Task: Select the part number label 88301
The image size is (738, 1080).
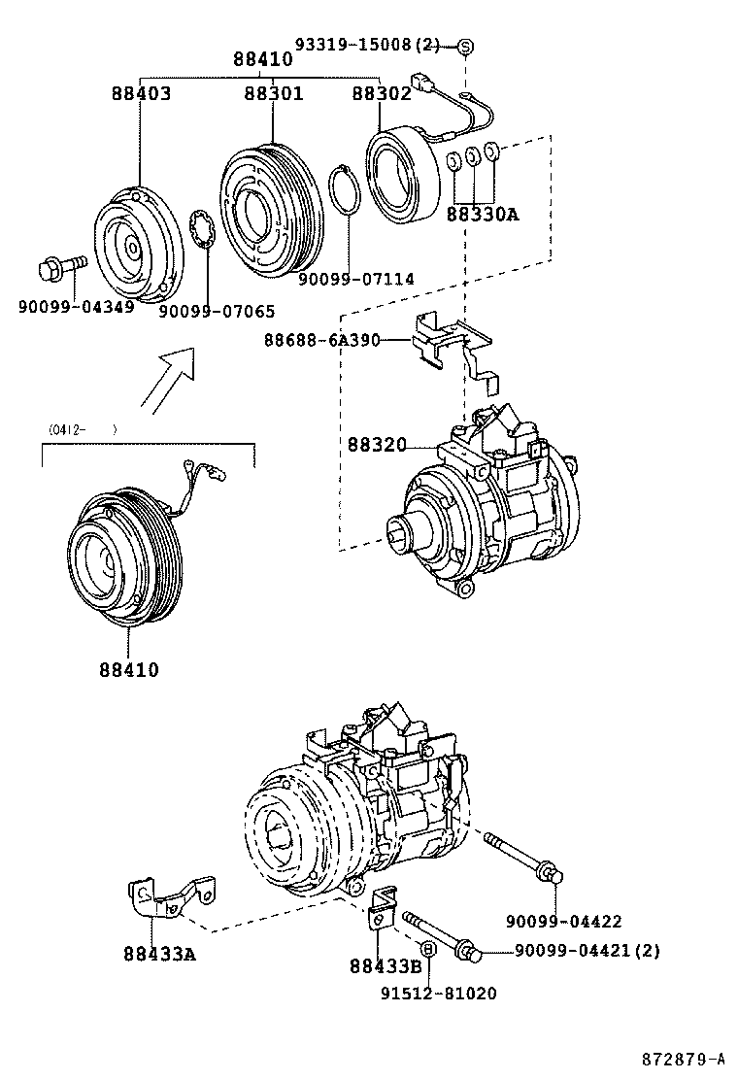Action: click(x=273, y=94)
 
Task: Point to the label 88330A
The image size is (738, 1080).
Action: click(x=483, y=215)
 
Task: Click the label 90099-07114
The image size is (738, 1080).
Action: click(x=355, y=279)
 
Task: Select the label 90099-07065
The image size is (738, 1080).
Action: click(x=217, y=311)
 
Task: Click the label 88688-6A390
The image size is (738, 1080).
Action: click(x=321, y=340)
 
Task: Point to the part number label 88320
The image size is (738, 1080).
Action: click(x=379, y=445)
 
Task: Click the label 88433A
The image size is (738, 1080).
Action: click(x=159, y=954)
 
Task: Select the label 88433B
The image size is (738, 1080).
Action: click(x=386, y=965)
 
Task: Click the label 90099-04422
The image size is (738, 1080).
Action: click(x=563, y=922)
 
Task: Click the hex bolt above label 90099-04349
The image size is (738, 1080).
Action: click(x=61, y=265)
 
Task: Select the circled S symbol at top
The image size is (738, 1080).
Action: click(x=465, y=46)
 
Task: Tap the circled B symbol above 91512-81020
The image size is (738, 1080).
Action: click(x=426, y=947)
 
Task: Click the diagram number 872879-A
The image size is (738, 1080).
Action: click(x=682, y=1058)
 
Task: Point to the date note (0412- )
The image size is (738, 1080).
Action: click(x=82, y=428)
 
